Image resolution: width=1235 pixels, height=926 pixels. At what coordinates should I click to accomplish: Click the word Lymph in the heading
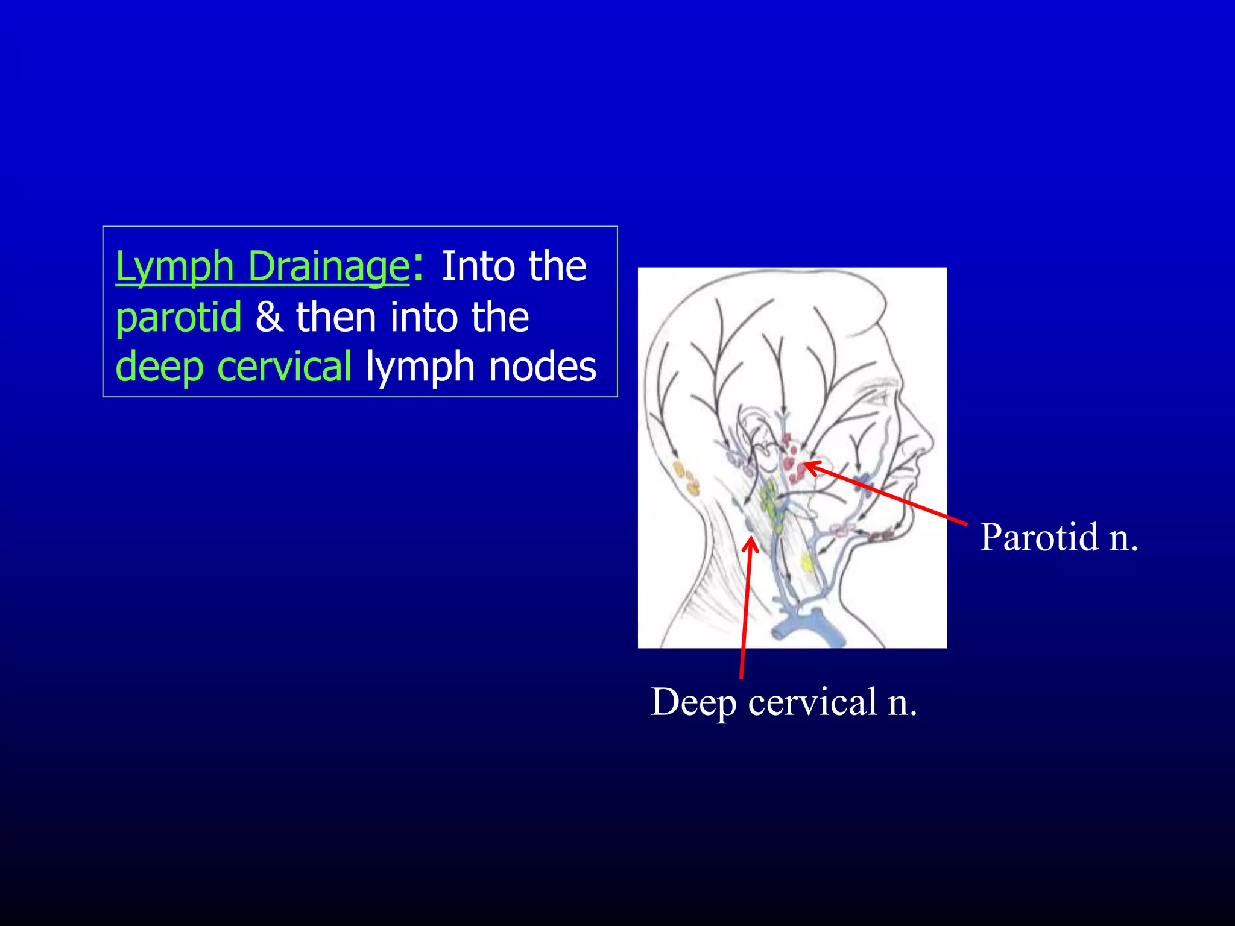pos(174,266)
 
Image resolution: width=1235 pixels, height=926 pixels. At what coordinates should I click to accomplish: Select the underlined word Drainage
pos(329,266)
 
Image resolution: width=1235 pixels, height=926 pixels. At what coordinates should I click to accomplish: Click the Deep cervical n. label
pos(784,702)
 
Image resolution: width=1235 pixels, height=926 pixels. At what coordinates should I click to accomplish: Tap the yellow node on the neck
pos(806,564)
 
